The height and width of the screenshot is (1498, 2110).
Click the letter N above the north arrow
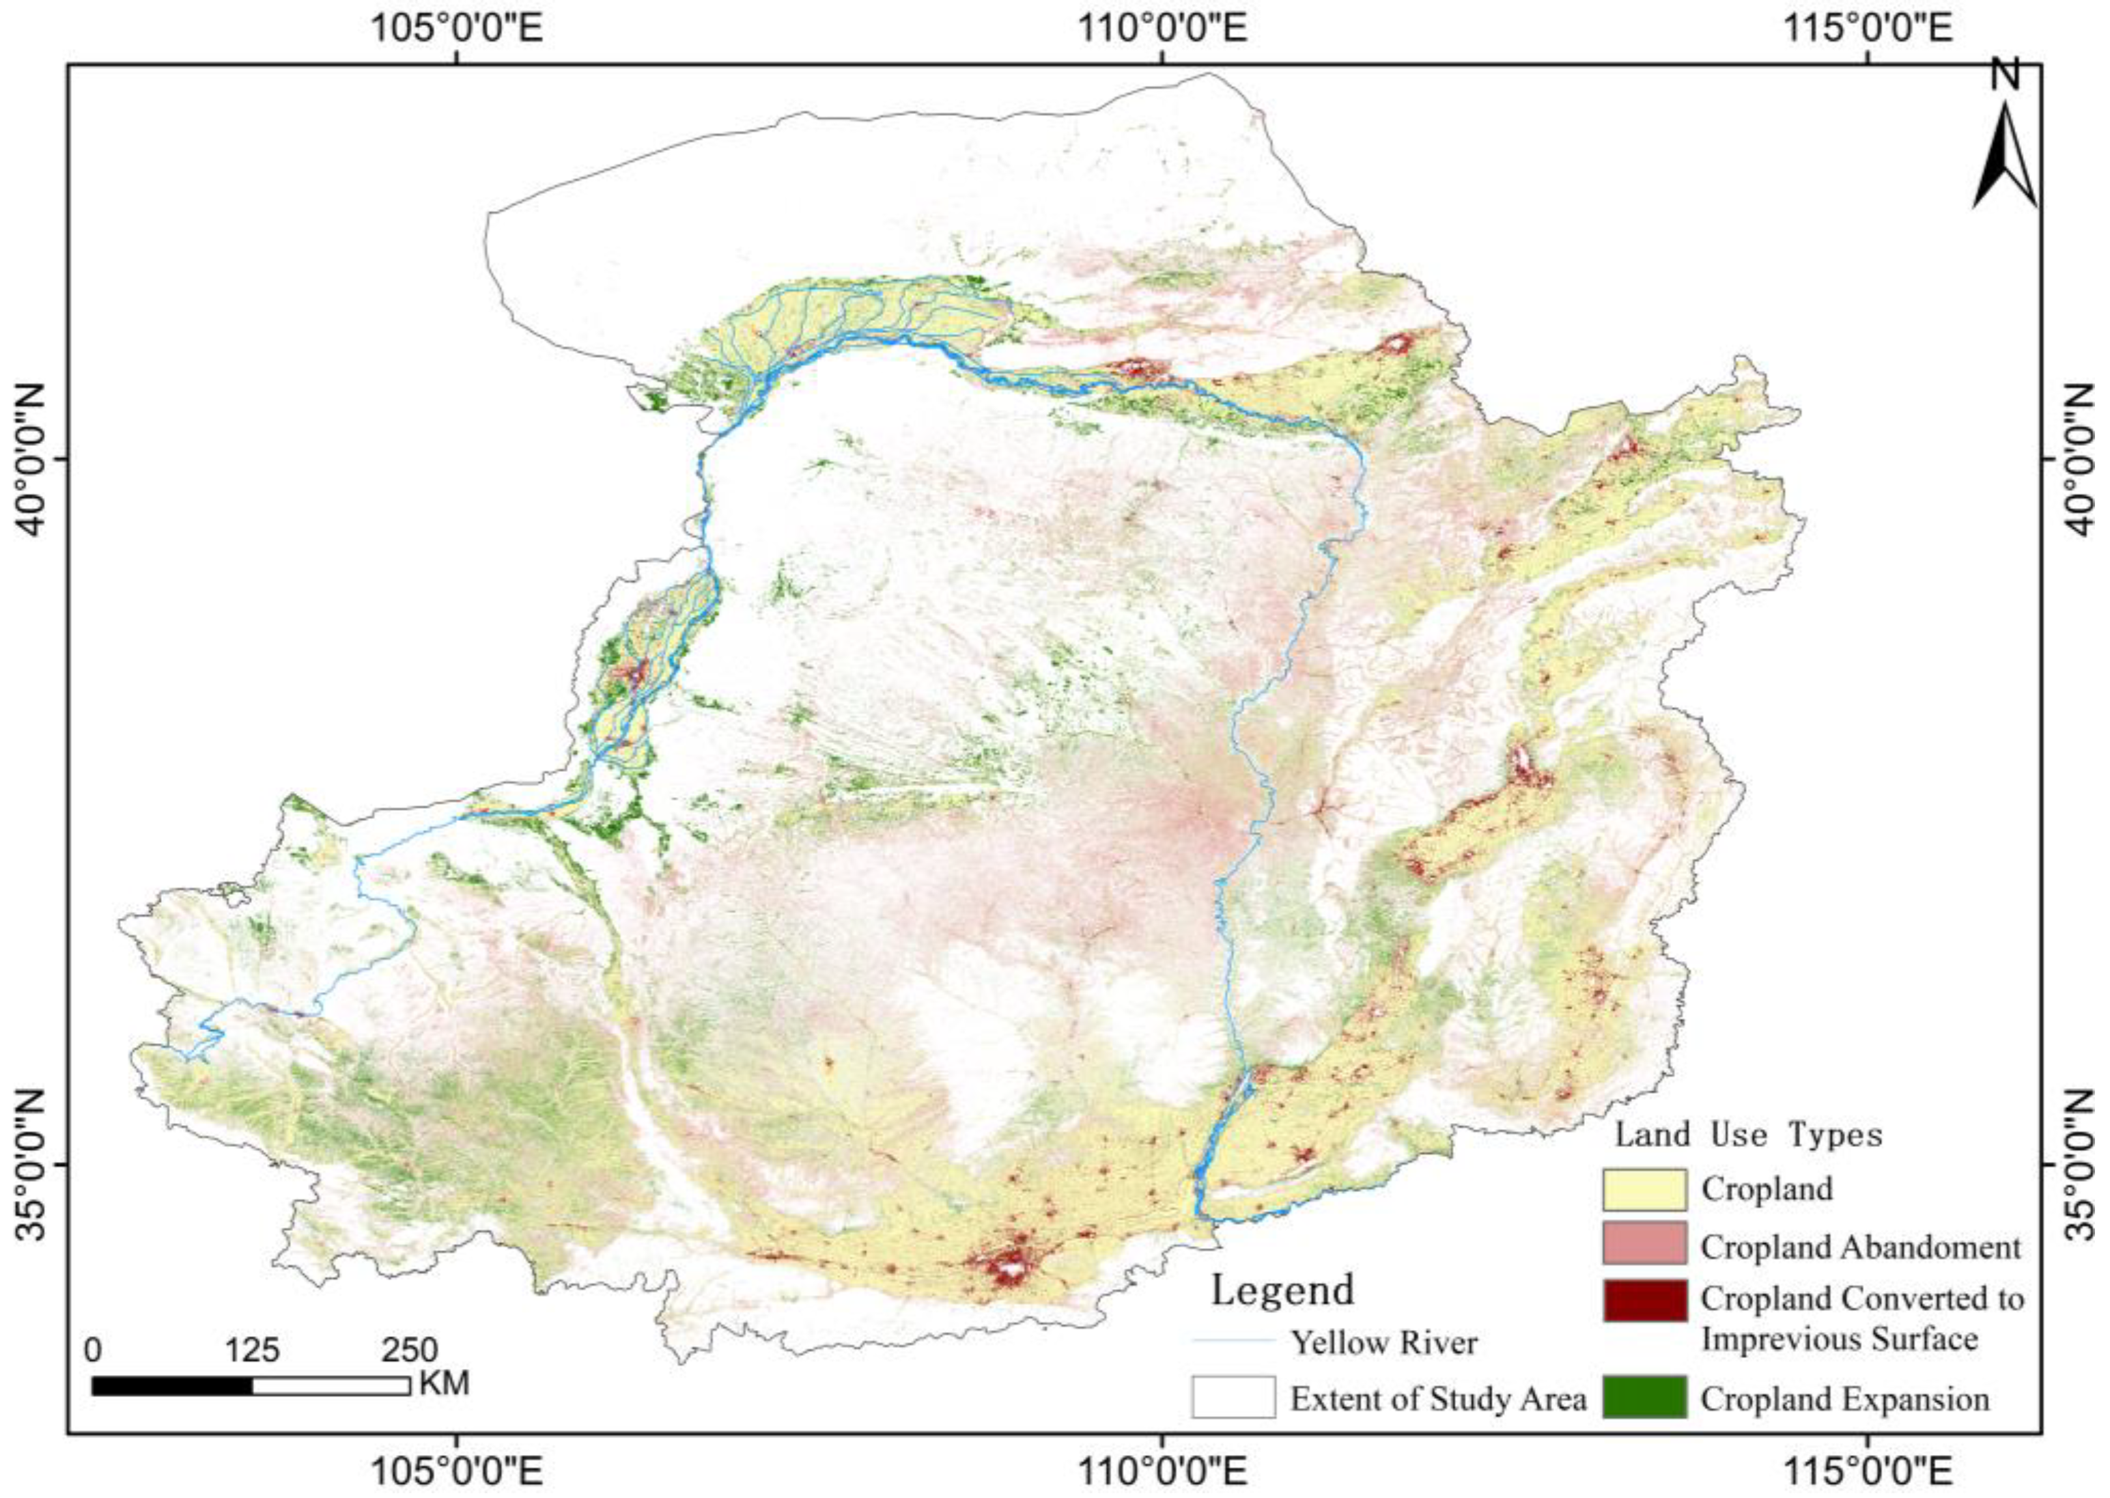pyautogui.click(x=2003, y=76)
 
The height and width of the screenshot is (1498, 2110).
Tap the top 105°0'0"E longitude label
pyautogui.click(x=455, y=28)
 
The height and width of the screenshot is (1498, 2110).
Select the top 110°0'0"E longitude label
pyautogui.click(x=1162, y=28)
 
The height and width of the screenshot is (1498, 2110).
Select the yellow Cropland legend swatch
pyautogui.click(x=1644, y=1189)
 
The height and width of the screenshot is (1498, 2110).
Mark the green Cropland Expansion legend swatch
pyautogui.click(x=1644, y=1396)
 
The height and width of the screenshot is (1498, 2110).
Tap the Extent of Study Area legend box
pyautogui.click(x=1233, y=1396)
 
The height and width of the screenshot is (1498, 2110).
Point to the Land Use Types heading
pyautogui.click(x=1747, y=1134)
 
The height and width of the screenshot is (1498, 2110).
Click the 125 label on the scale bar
pyautogui.click(x=252, y=1350)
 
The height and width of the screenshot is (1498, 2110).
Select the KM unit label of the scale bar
pyautogui.click(x=444, y=1384)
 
